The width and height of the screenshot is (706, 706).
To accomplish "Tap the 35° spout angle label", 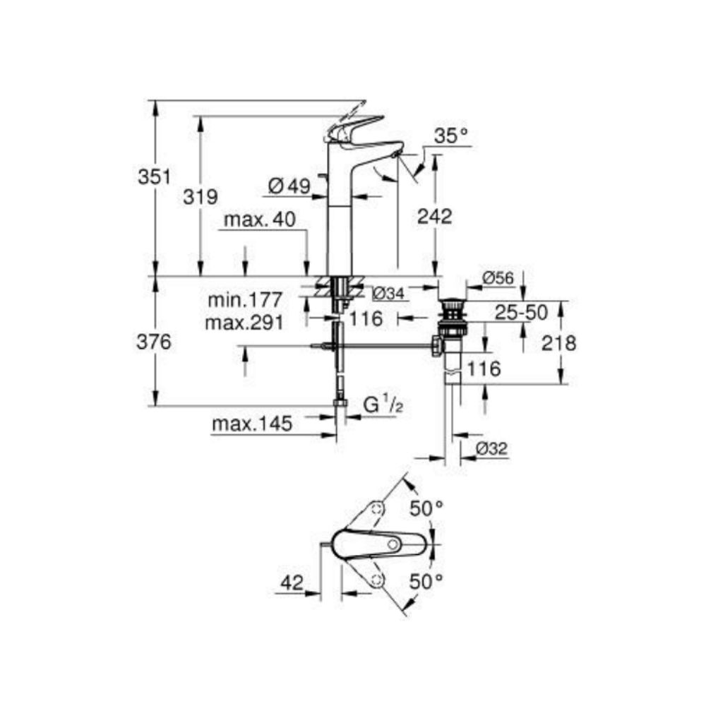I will click(450, 137).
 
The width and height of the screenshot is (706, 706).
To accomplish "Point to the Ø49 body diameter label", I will click(289, 186).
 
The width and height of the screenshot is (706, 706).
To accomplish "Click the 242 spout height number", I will click(433, 217).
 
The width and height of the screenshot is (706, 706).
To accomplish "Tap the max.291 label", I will click(244, 323).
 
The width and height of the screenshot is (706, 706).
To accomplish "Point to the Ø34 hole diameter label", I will click(388, 293).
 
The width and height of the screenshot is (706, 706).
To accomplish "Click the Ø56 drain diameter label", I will click(498, 278).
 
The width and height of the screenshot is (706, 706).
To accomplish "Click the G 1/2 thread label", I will click(382, 406).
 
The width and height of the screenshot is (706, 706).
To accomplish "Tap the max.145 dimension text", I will click(251, 424).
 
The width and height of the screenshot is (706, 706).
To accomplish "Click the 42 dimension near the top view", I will click(291, 583).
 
